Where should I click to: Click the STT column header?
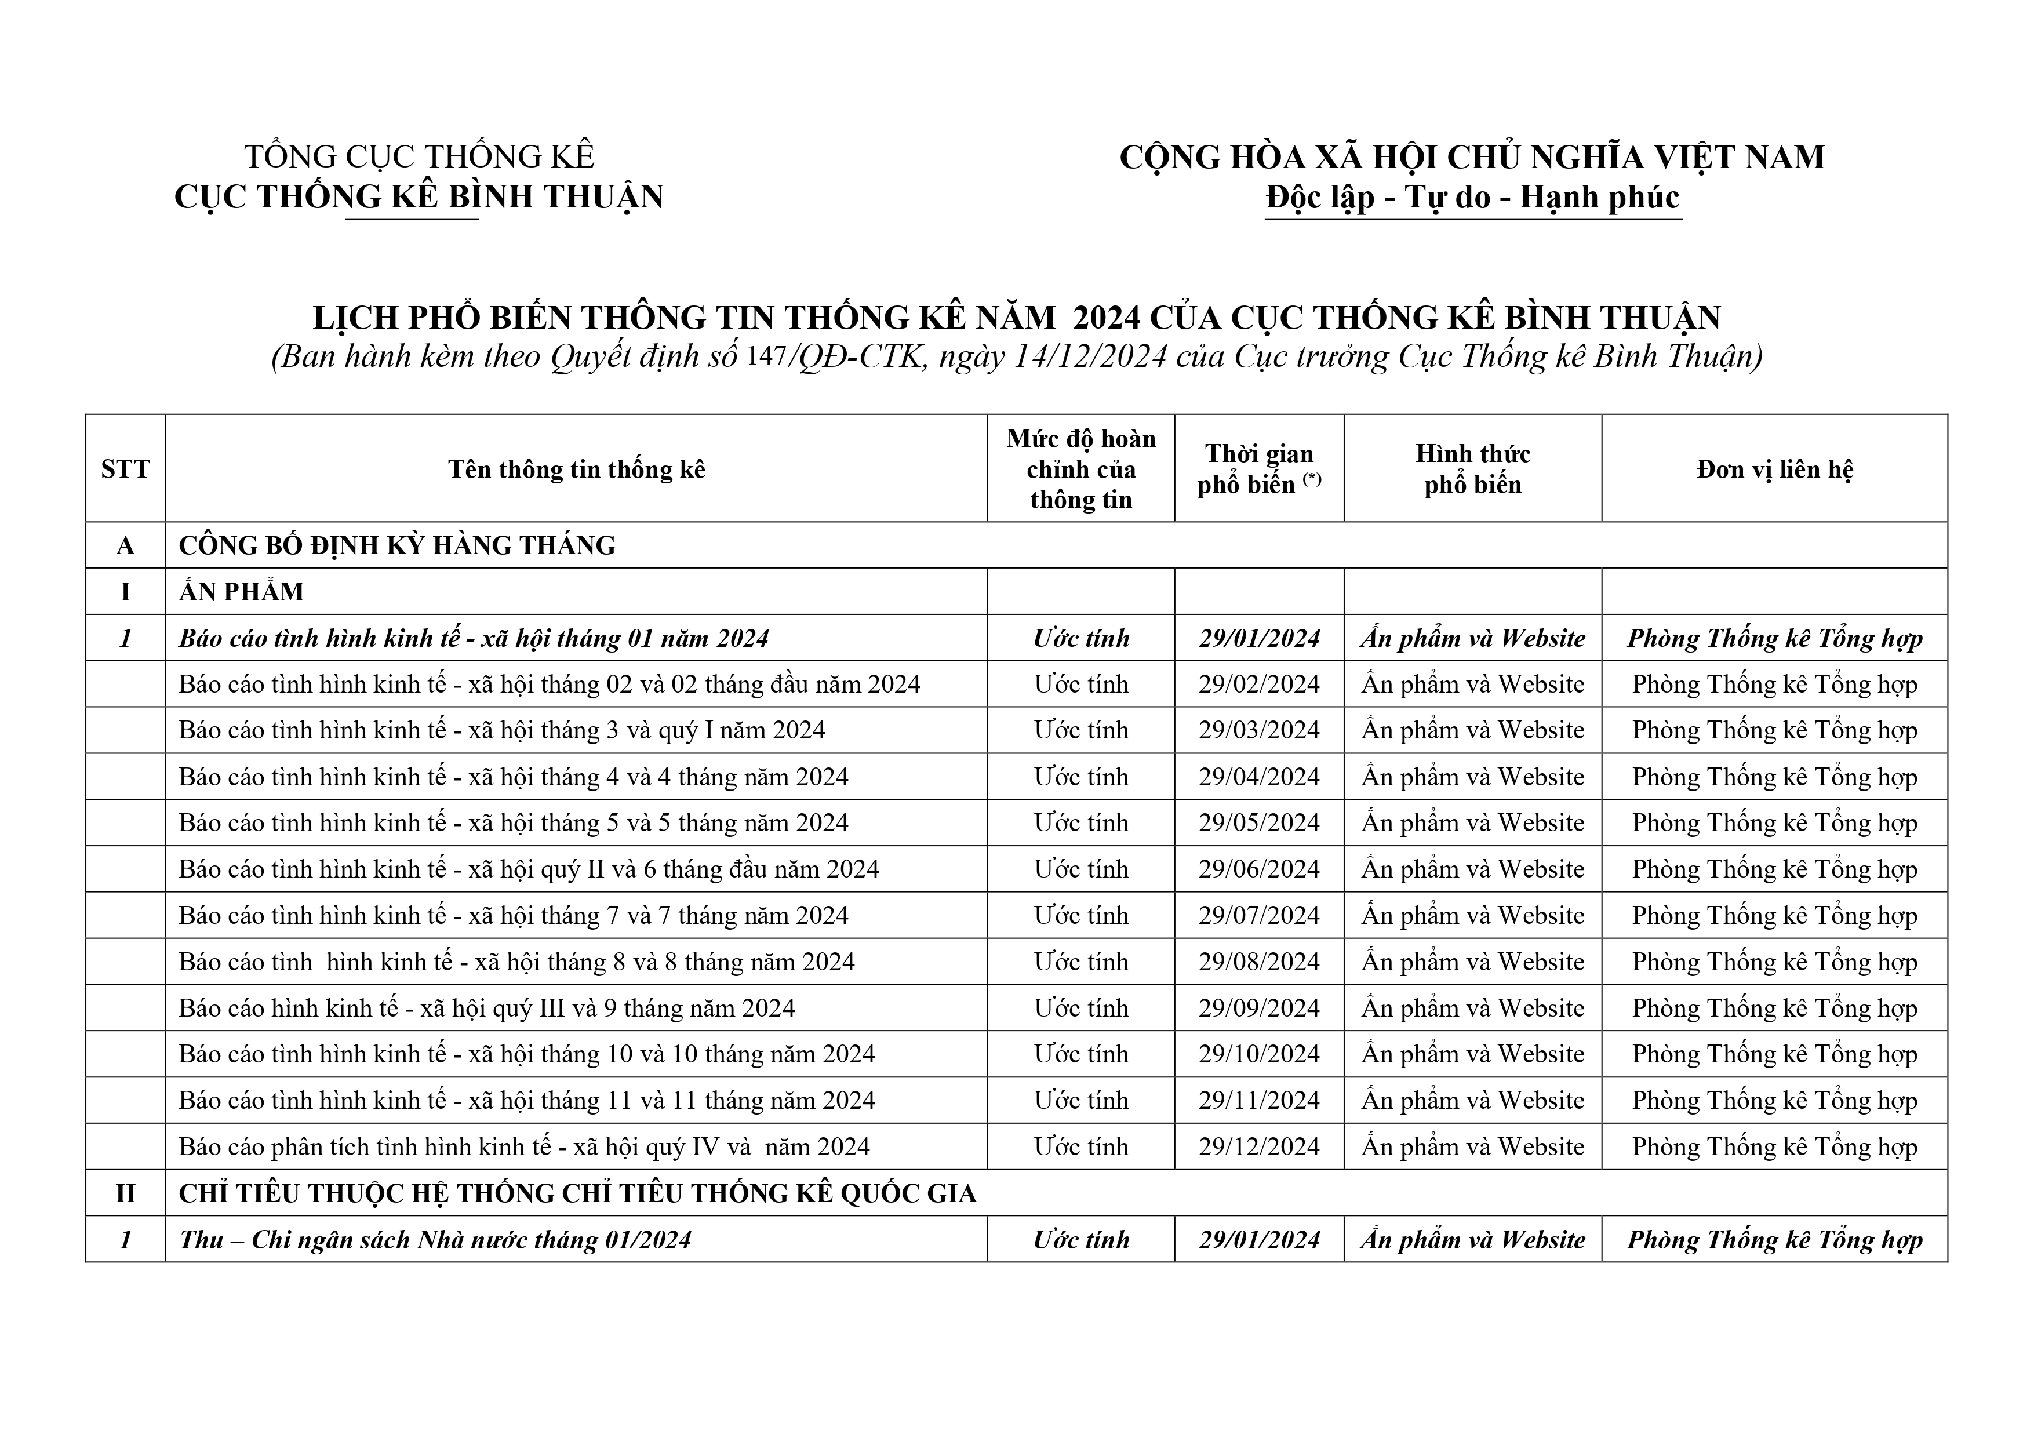coord(125,469)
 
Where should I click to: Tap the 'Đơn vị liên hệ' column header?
coord(1774,469)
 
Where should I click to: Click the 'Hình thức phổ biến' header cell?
coord(1472,469)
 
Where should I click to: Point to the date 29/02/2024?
coord(1259,684)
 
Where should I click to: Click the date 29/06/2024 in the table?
coord(1259,869)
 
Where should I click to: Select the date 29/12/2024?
coord(1259,1146)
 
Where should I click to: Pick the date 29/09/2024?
coord(1259,1009)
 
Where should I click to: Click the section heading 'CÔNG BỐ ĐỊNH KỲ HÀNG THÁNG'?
coord(397,545)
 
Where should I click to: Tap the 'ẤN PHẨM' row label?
coord(241,592)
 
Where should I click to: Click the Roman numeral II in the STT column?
coord(125,1193)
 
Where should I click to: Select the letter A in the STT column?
coord(125,545)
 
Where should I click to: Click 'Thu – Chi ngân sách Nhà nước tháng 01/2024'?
coord(435,1240)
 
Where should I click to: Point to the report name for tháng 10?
coord(526,1054)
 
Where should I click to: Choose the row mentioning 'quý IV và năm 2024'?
coord(523,1146)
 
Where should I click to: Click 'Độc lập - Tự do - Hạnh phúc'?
coord(1472,196)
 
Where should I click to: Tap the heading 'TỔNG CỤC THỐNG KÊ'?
coord(419,157)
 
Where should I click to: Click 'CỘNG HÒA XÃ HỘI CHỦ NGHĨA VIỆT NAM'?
coord(1472,157)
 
